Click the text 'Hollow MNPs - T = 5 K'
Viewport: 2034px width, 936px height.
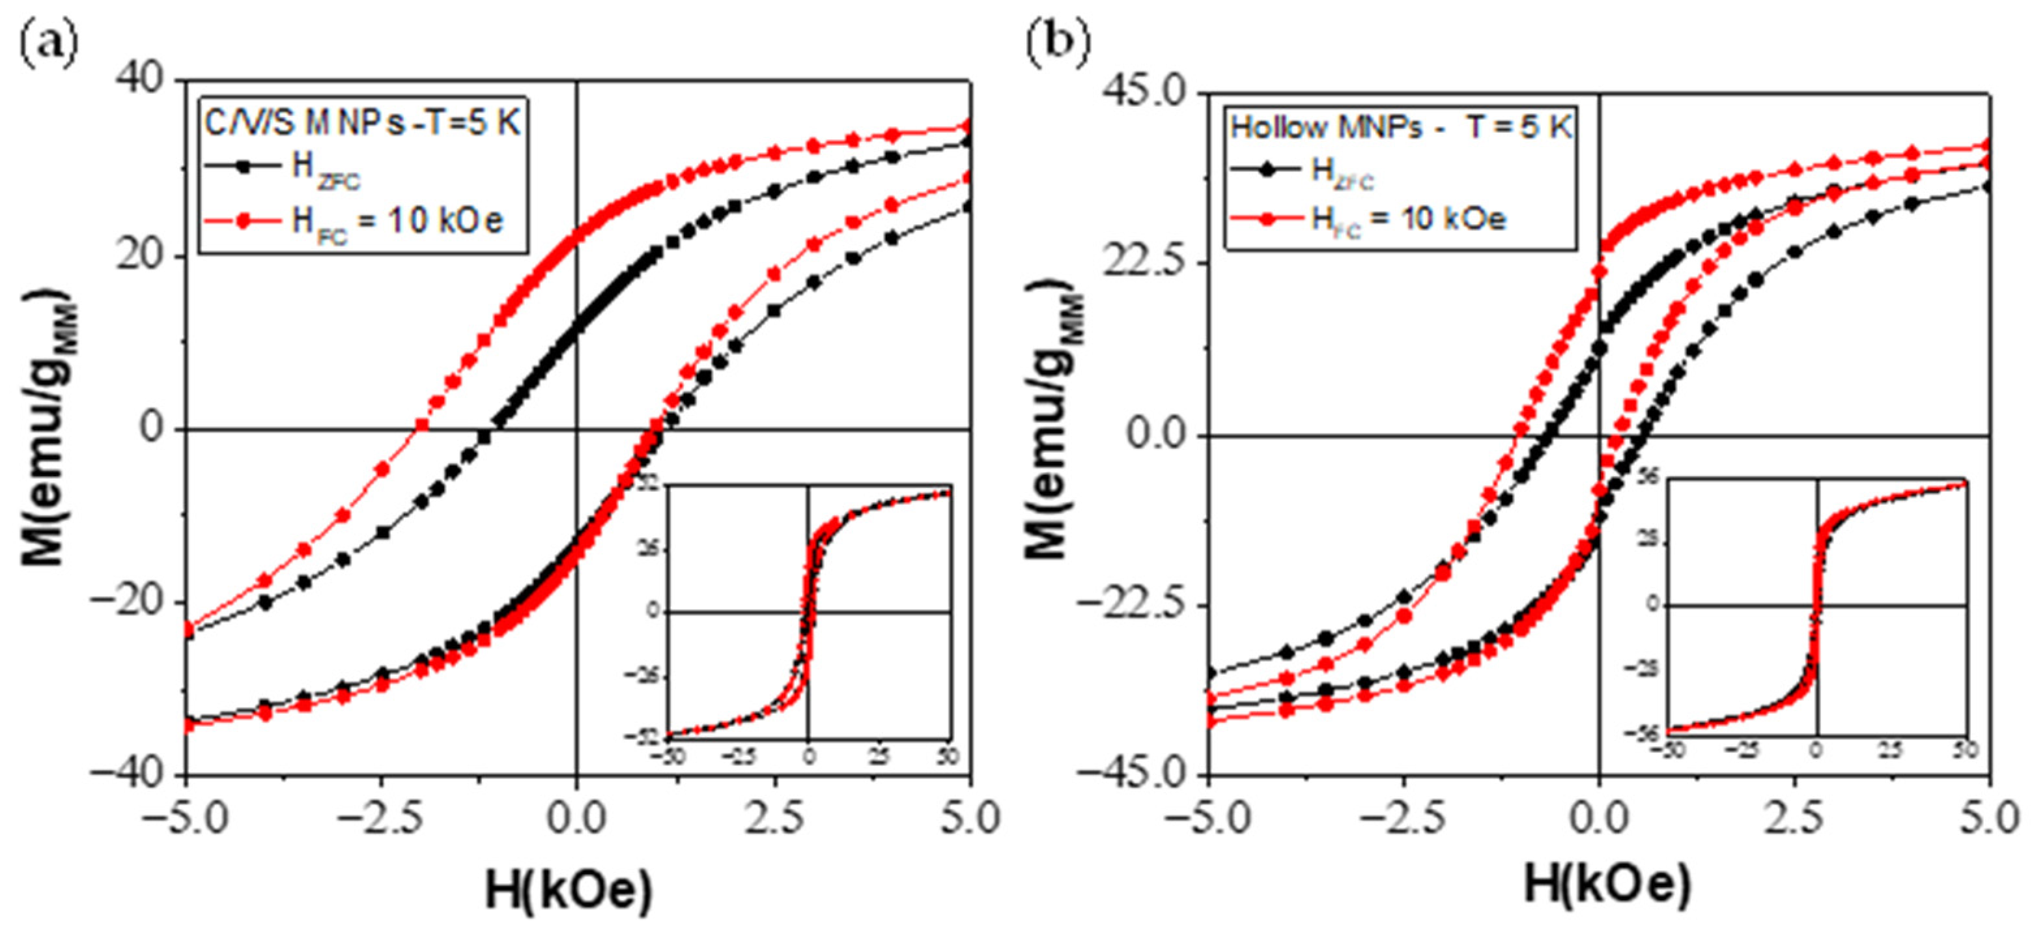(1402, 126)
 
